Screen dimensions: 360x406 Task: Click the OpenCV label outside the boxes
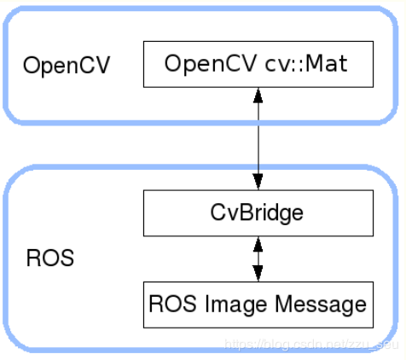click(67, 66)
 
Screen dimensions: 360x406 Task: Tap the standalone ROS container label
click(49, 258)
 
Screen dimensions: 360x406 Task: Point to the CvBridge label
click(258, 212)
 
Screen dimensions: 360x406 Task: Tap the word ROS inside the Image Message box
click(170, 304)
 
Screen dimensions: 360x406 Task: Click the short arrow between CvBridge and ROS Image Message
click(258, 259)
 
